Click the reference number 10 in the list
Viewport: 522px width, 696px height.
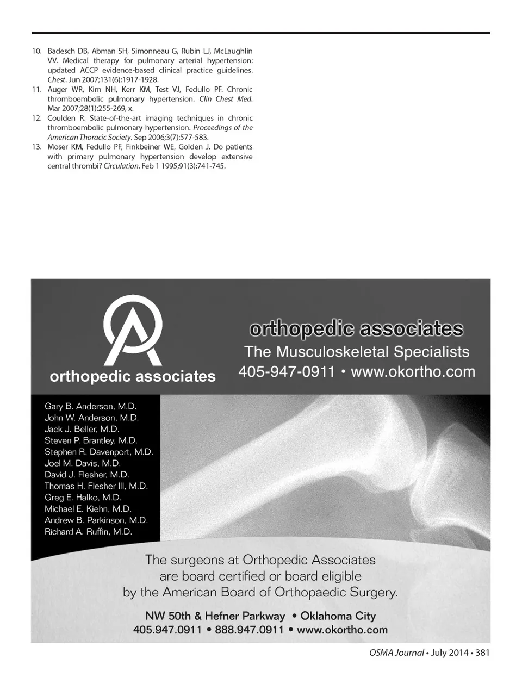tap(36, 51)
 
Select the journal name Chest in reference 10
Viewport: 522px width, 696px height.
tap(56, 80)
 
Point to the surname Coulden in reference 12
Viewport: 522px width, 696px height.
tap(61, 118)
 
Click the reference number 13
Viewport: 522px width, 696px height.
tap(36, 147)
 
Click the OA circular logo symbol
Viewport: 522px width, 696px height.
tap(133, 331)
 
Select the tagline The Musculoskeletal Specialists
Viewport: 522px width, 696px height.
tap(357, 352)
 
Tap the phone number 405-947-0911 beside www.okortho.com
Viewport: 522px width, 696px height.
tap(286, 372)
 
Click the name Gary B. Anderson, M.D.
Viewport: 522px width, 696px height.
tap(90, 406)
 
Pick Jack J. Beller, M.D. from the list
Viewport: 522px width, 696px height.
tap(82, 429)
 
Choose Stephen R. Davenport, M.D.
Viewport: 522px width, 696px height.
tap(98, 452)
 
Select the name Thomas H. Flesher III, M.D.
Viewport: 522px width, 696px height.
tap(96, 486)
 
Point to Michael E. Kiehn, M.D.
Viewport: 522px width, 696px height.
tap(88, 509)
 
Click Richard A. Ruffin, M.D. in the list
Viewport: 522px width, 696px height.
tap(88, 532)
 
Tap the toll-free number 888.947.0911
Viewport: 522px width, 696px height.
tap(250, 630)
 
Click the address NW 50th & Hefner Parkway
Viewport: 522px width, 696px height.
tap(215, 616)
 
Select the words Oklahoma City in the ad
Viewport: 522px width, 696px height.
tap(338, 616)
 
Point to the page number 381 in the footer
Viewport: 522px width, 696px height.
tap(482, 652)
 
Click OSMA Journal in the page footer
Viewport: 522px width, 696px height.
tap(393, 652)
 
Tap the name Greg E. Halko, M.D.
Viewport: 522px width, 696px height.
tap(83, 498)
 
